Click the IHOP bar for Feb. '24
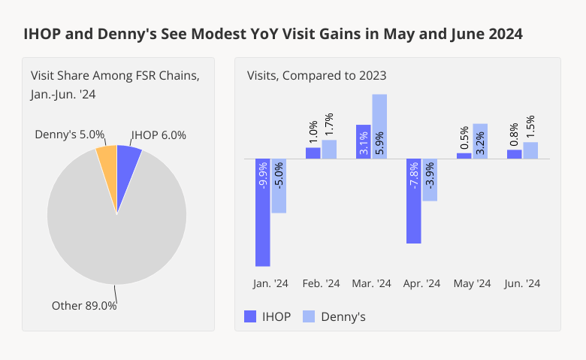[x=313, y=153]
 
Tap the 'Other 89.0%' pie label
[x=84, y=306]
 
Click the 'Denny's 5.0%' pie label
[x=70, y=135]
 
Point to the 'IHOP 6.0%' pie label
[x=159, y=135]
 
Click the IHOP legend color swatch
[x=250, y=316]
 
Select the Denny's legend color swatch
[x=308, y=316]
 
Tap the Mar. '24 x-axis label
[x=371, y=283]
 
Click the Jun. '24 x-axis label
[x=522, y=283]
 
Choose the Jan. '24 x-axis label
[x=270, y=283]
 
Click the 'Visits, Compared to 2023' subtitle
[x=316, y=75]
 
